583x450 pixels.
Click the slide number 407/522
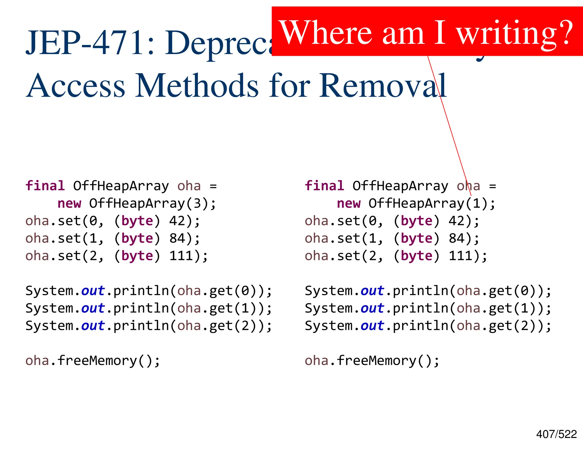[x=556, y=434]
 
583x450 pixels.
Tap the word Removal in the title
[x=383, y=85]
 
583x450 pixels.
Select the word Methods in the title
[x=197, y=85]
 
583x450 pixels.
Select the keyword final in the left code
[x=45, y=186]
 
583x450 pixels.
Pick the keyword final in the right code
[x=324, y=186]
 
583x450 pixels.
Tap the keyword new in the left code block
[x=69, y=204]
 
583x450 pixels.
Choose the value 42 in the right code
[x=456, y=221]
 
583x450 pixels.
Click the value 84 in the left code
[x=177, y=239]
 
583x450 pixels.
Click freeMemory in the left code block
[x=97, y=361]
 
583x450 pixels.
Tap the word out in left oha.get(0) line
[x=93, y=291]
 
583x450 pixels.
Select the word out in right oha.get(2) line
[x=372, y=326]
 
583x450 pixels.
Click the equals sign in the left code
[x=213, y=187]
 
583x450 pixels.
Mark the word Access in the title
[x=75, y=85]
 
